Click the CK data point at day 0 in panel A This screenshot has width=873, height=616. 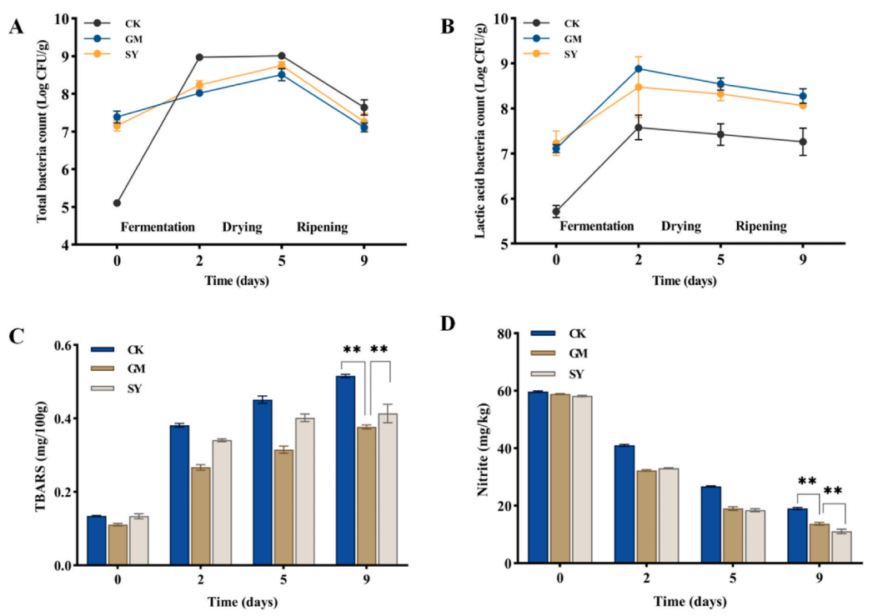click(117, 203)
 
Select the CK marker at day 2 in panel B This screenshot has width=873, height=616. click(639, 128)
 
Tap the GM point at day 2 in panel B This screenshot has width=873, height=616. click(639, 68)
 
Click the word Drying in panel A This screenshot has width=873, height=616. click(243, 226)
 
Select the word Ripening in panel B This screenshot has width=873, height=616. click(761, 226)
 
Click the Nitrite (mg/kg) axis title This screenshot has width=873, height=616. click(481, 449)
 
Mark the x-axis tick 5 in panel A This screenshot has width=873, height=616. click(282, 259)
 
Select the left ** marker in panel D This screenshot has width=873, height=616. click(806, 482)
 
